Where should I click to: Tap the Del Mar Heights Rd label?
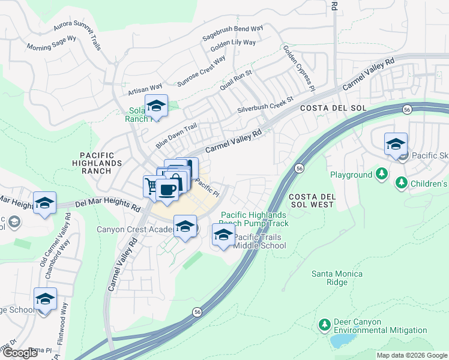107,205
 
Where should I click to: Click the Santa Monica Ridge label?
337,278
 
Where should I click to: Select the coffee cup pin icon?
167,190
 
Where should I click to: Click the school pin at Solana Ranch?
157,106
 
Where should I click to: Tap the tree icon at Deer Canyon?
325,325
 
